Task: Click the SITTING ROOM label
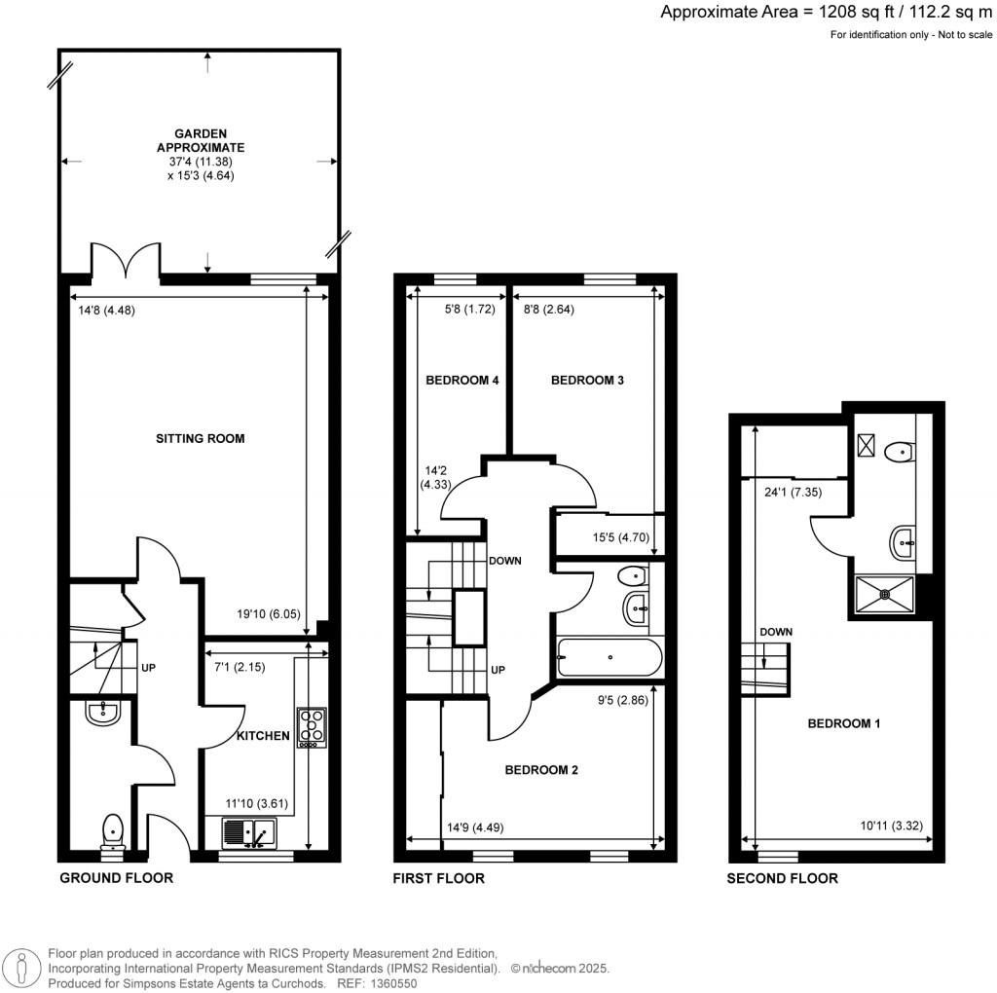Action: (x=201, y=438)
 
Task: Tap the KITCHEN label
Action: (x=263, y=736)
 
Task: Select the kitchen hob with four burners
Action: (x=311, y=727)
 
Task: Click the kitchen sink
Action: (x=250, y=833)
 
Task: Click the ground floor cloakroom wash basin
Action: (x=101, y=713)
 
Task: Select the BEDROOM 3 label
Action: (x=587, y=381)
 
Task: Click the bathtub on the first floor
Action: (x=609, y=657)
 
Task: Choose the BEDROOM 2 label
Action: (x=541, y=770)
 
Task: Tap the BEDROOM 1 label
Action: (x=844, y=723)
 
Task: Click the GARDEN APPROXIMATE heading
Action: (x=201, y=140)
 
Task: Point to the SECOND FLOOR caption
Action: (x=782, y=878)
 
